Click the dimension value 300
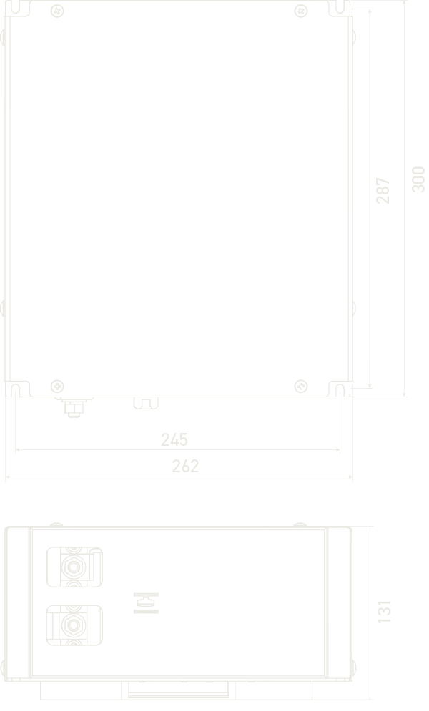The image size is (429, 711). tap(418, 179)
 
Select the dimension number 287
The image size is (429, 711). tap(384, 190)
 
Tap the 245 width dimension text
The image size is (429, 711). tap(174, 439)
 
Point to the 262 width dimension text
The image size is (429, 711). tap(186, 466)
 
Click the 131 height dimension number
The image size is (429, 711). tap(385, 612)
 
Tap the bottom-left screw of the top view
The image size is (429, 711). tap(57, 387)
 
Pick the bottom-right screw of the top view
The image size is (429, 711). tap(301, 387)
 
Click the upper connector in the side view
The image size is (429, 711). tap(73, 567)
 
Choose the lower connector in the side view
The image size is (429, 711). tap(73, 625)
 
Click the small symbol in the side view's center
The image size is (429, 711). tap(147, 603)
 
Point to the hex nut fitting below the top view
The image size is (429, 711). tap(72, 407)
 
